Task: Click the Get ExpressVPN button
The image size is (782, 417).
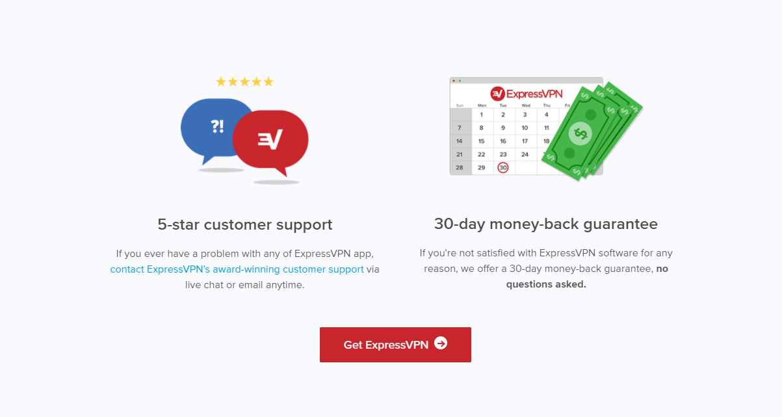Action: [x=395, y=345]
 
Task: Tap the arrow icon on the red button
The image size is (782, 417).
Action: [x=441, y=343]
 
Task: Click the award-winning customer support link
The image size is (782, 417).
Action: [x=237, y=269]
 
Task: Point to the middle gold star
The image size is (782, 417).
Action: [x=244, y=82]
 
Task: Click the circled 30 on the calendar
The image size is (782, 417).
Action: [x=503, y=168]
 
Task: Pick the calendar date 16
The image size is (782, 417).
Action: [x=503, y=141]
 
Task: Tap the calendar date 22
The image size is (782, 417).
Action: [x=482, y=154]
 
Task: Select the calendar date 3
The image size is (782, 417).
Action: [x=525, y=114]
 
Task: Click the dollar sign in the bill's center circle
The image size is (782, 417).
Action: [x=580, y=133]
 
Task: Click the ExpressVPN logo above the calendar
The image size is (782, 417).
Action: [x=527, y=94]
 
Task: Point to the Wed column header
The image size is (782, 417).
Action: [x=526, y=105]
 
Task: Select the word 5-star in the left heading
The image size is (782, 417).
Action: [x=178, y=224]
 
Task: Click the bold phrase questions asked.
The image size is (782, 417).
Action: [x=546, y=284]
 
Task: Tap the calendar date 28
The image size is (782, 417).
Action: [x=460, y=168]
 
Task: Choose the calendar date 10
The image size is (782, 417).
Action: [x=525, y=128]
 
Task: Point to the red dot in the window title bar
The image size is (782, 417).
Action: [x=454, y=81]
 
